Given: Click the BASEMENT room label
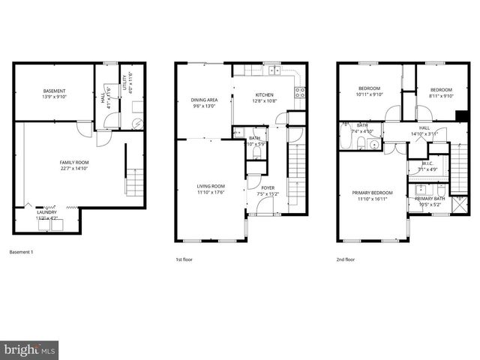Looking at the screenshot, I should (54, 91).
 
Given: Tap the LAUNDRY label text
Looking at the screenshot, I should (46, 211).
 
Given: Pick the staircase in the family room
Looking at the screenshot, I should (133, 181).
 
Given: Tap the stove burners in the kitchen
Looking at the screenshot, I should (300, 93).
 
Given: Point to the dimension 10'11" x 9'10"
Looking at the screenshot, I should (369, 95).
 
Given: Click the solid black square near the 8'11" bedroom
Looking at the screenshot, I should (460, 115).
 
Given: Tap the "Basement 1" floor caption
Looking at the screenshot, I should (22, 251).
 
